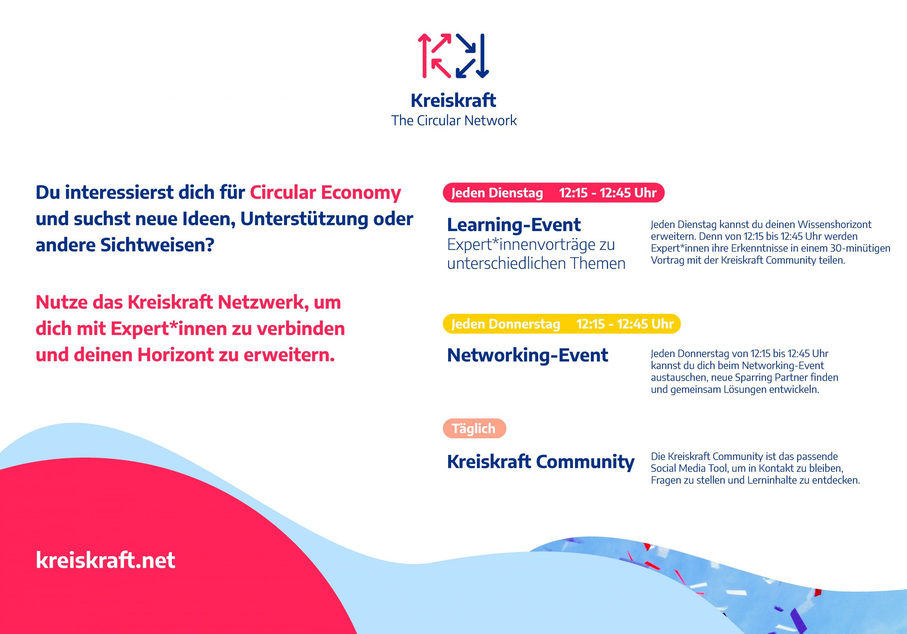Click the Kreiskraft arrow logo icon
pos(453,56)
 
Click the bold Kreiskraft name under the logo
pos(453,100)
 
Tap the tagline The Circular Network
pos(454,120)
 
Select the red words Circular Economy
pos(326,193)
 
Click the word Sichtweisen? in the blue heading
pos(157,245)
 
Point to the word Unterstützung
pos(305,219)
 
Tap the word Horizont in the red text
pos(176,355)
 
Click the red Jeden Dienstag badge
pos(554,193)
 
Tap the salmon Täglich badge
pos(474,428)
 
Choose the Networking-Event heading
pos(528,355)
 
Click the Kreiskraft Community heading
pos(541,462)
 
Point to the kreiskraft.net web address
pos(106,560)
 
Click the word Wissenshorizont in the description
pos(834,225)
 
